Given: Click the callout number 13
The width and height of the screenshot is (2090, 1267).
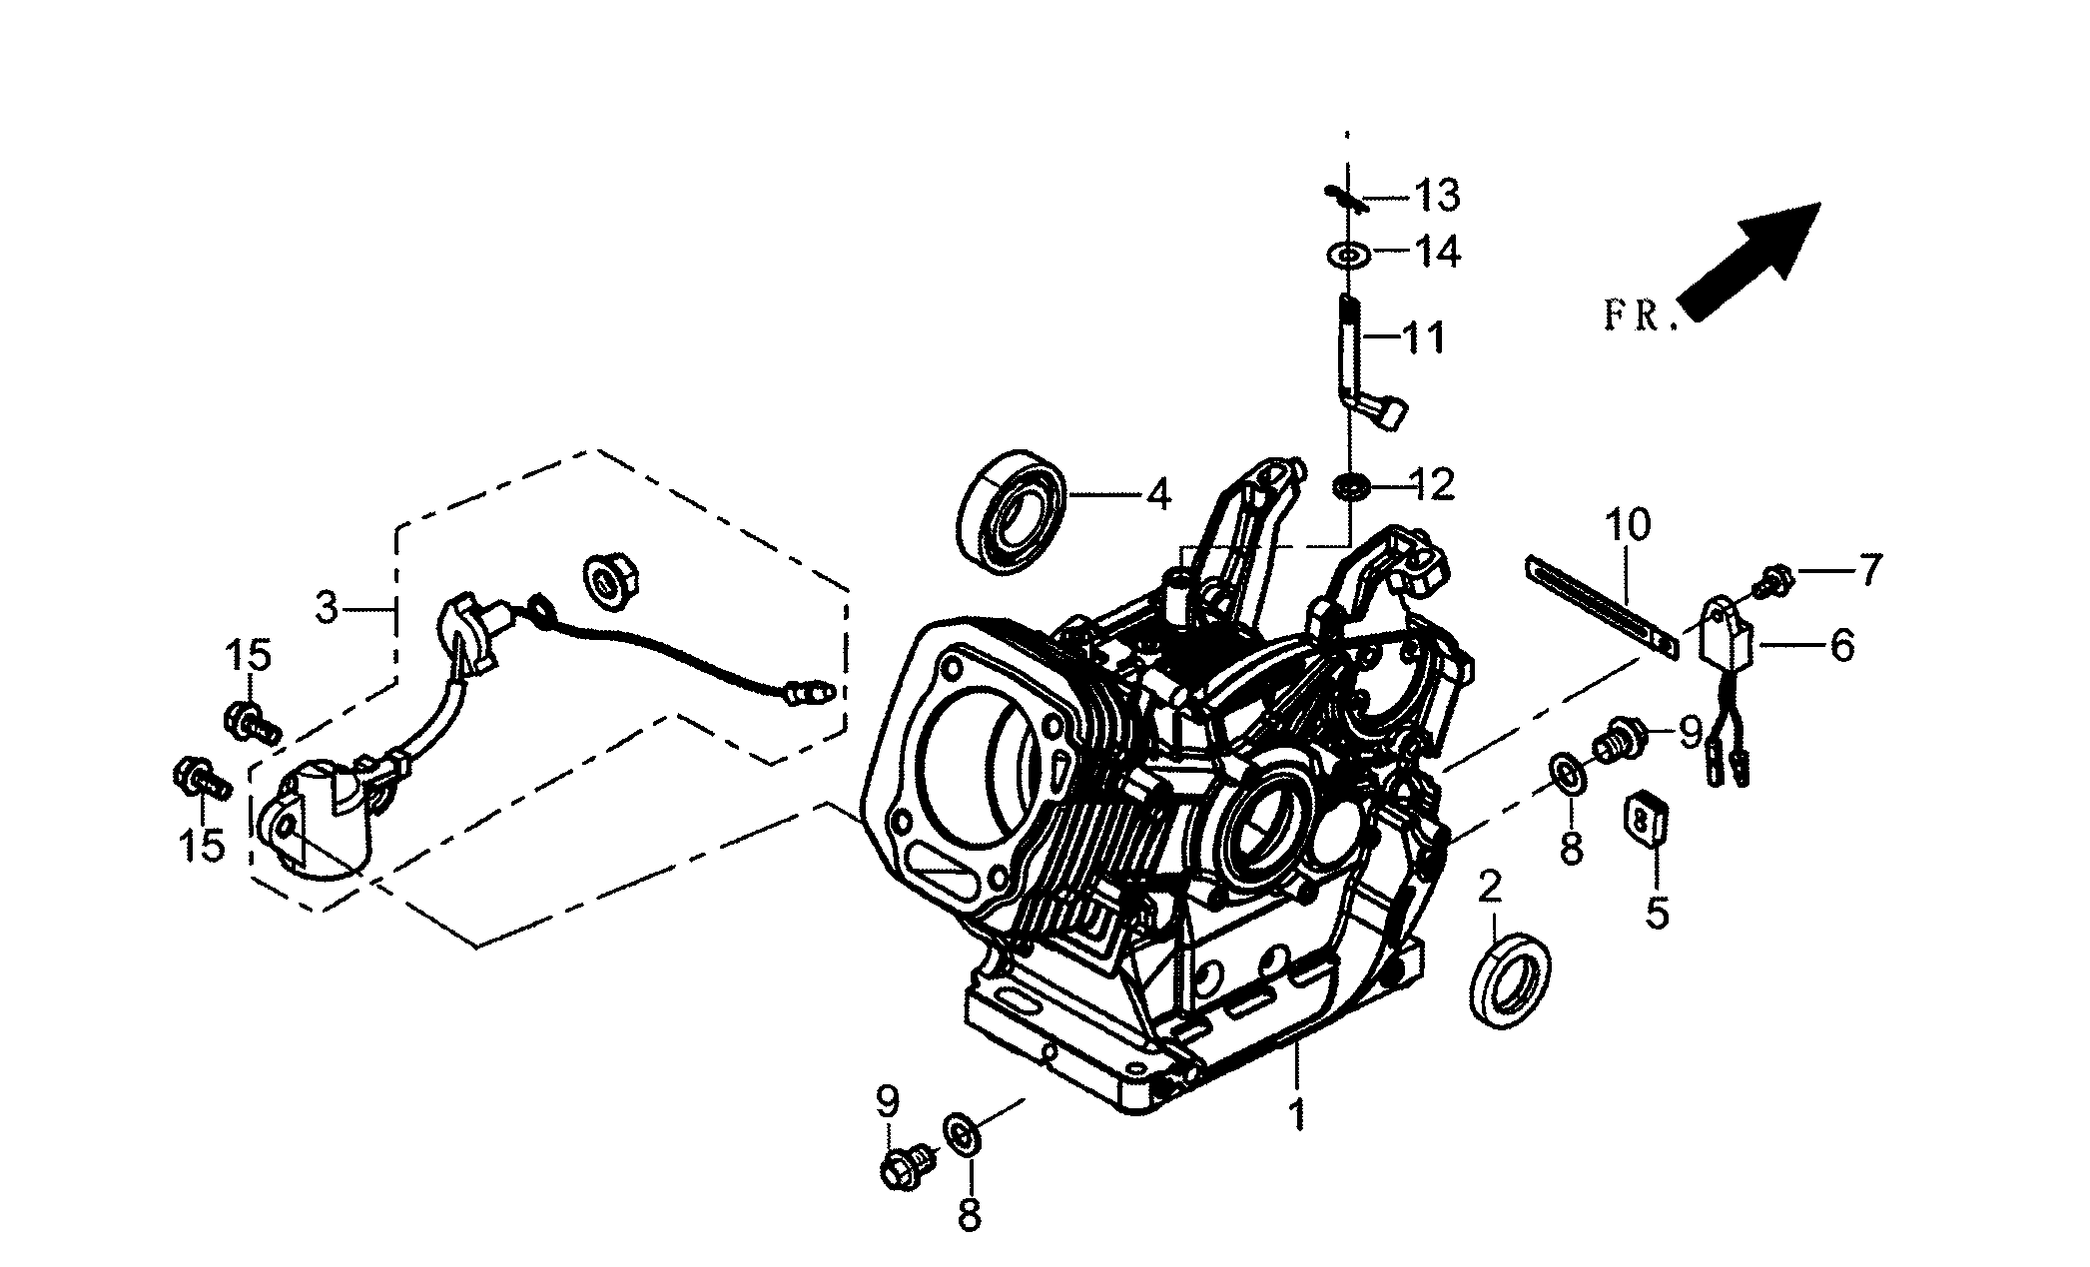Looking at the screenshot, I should coord(1436,197).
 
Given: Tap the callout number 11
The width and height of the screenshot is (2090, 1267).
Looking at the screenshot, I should coord(1423,339).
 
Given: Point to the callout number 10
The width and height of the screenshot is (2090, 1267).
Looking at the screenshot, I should coord(1628,525).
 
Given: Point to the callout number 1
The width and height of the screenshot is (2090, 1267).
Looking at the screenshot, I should coord(1296,1114).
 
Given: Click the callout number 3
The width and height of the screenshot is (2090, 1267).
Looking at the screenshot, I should coord(328,607).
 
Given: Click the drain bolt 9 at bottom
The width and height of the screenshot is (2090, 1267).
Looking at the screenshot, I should coord(904,1166).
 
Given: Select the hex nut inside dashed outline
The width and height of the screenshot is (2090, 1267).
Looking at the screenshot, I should coord(606,580).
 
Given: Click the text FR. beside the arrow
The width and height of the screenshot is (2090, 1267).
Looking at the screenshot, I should coord(1636,317).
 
